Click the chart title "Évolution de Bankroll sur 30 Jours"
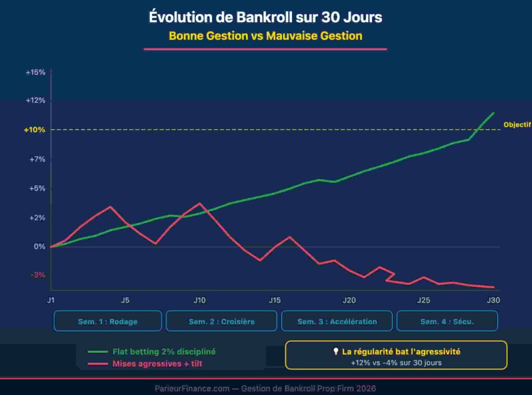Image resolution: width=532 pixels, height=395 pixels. (265, 17)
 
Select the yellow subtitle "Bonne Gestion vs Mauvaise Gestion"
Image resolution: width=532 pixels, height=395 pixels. (265, 36)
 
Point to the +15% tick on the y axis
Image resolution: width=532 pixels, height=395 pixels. (35, 72)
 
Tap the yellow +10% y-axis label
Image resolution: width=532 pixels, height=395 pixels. (35, 130)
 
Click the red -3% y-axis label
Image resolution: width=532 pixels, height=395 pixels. (37, 275)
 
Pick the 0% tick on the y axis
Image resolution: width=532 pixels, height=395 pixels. (39, 246)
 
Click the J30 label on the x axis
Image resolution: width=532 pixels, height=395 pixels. (493, 300)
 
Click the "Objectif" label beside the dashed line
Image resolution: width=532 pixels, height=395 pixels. (517, 125)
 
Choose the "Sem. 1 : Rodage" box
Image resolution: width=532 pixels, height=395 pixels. (108, 321)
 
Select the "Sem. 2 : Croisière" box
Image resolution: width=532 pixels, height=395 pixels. (222, 321)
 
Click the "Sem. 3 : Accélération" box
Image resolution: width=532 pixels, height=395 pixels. (337, 321)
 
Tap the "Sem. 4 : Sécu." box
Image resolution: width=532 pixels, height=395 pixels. (447, 321)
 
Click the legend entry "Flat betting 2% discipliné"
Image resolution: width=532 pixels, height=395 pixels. (164, 352)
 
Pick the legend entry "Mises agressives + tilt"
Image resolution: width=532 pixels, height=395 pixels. (157, 364)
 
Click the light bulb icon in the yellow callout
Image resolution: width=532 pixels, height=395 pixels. (336, 352)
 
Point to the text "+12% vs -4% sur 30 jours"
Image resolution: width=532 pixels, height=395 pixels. (396, 363)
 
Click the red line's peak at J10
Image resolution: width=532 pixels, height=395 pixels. (200, 203)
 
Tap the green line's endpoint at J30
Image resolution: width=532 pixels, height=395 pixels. (493, 113)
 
